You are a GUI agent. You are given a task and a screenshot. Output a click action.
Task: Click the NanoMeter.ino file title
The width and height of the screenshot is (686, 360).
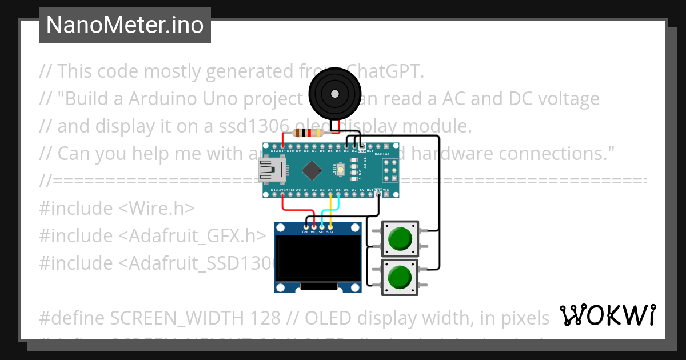pos(125,25)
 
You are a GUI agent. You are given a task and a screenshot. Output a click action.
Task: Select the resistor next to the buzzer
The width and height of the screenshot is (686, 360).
pos(308,133)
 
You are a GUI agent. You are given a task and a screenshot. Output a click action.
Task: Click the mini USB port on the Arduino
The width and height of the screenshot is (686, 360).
pos(269,170)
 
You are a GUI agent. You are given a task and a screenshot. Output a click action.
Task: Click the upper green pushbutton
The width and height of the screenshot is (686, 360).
pos(400,238)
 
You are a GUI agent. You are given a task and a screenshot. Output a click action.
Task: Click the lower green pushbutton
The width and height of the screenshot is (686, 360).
pos(400,277)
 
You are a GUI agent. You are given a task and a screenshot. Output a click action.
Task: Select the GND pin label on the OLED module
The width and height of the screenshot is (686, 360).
pos(306,233)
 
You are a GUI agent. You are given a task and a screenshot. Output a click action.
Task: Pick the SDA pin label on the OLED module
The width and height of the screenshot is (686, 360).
pos(330,233)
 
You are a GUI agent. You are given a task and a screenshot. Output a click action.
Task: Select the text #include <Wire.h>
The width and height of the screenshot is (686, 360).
pos(117,208)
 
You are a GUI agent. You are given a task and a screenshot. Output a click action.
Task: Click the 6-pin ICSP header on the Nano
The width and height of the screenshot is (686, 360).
pos(390,170)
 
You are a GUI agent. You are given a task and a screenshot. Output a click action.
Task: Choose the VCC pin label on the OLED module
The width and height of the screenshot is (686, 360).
pos(314,233)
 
